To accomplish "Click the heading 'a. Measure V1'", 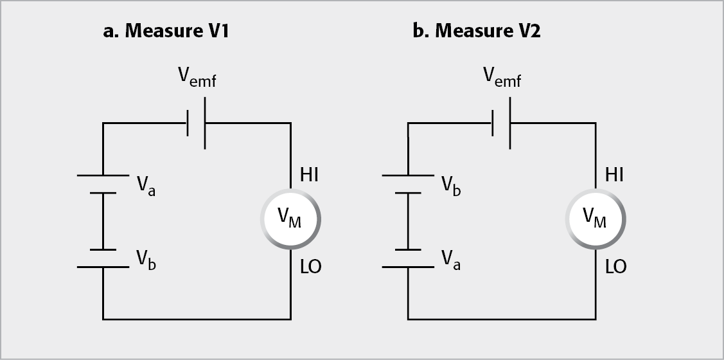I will point(166,32).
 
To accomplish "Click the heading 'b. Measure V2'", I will point(476,32).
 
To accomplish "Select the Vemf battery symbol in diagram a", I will point(196,123).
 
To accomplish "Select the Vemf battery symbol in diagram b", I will point(500,123).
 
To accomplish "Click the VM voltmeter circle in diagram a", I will point(290,220).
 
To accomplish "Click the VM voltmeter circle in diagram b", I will point(595,220).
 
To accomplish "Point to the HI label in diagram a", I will point(309,174).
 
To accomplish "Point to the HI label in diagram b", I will point(614,174).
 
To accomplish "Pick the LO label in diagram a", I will point(310,267).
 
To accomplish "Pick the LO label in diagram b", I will point(615,267).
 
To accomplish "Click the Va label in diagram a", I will point(145,186).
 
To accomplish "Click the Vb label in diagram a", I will point(145,260).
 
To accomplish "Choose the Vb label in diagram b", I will point(450,186).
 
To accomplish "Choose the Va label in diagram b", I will point(450,260).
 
